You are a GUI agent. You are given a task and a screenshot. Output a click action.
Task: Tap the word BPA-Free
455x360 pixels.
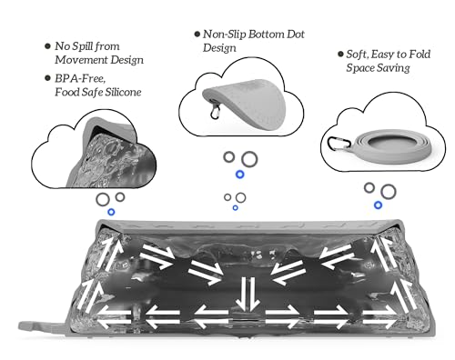[x=80, y=79]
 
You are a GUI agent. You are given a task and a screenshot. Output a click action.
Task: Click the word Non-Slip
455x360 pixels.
[x=224, y=35]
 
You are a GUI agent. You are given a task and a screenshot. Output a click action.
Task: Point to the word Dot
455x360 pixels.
[x=295, y=35]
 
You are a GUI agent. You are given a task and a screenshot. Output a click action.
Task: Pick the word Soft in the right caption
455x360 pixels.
[x=358, y=55]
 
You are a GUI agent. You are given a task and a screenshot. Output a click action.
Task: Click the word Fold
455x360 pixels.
[x=420, y=55]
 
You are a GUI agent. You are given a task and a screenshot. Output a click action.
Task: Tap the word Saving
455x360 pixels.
[x=393, y=68]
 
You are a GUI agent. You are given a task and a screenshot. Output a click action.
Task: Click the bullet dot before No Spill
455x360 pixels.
[x=47, y=46]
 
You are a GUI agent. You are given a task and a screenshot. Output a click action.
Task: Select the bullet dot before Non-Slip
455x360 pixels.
[x=197, y=34]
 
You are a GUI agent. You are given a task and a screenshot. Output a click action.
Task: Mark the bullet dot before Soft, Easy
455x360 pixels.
[x=340, y=54]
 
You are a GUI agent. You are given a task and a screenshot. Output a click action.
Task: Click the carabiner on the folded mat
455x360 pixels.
[x=215, y=111]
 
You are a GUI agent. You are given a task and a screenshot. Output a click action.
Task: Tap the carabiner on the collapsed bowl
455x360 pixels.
[x=338, y=143]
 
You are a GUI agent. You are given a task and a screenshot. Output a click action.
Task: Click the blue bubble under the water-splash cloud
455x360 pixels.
[x=111, y=212]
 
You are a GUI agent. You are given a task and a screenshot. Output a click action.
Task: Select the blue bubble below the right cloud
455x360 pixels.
[x=378, y=205]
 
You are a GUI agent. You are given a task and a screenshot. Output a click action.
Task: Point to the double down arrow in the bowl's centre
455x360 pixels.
[x=248, y=294]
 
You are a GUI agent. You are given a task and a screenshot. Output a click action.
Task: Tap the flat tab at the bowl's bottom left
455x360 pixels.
[x=43, y=326]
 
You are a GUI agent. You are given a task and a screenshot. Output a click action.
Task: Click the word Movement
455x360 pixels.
[x=81, y=60]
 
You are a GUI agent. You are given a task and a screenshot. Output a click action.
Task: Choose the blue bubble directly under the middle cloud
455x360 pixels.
[x=240, y=175]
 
